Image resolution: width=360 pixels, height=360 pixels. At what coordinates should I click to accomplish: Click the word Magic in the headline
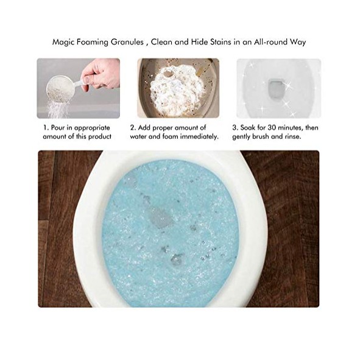point(63,43)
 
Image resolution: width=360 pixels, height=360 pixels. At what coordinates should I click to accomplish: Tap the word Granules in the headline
point(127,42)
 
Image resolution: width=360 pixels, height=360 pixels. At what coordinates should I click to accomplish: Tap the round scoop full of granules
point(57,90)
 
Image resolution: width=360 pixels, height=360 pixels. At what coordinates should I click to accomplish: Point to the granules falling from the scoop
point(56,110)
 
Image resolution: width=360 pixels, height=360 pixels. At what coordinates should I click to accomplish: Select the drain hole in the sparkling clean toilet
point(277,88)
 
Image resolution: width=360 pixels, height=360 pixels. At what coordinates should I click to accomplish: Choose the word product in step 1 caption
point(100,137)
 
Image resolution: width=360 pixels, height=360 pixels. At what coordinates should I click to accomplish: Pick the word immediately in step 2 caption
point(199,136)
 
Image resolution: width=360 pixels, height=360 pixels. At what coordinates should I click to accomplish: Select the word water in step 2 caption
point(138,137)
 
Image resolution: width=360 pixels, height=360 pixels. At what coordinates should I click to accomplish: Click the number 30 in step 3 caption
point(272,128)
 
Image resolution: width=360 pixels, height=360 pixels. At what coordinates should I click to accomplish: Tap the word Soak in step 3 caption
point(247,128)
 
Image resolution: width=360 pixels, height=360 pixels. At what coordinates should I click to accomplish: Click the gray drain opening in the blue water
point(160,216)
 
